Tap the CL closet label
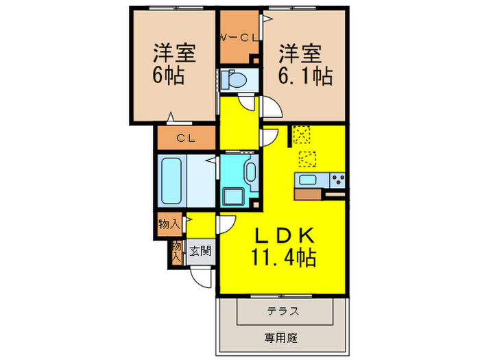(187, 139)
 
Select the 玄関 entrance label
(200, 250)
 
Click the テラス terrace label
(283, 311)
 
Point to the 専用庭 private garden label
(283, 337)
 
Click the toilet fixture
(236, 79)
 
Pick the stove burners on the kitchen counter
(337, 181)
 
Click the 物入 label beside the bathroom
(169, 224)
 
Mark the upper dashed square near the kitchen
(300, 134)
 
